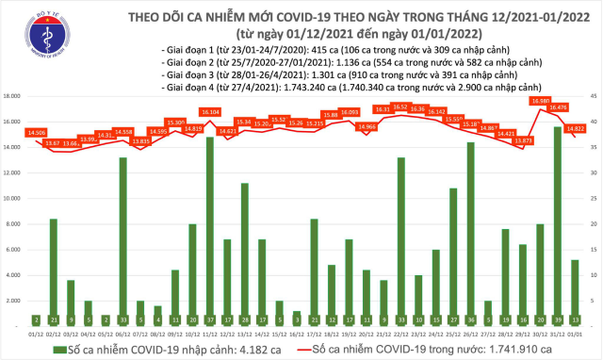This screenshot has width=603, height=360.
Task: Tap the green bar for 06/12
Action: point(122,240)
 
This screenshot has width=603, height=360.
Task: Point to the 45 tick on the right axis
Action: point(594,96)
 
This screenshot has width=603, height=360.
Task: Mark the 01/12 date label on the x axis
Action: point(36,333)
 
